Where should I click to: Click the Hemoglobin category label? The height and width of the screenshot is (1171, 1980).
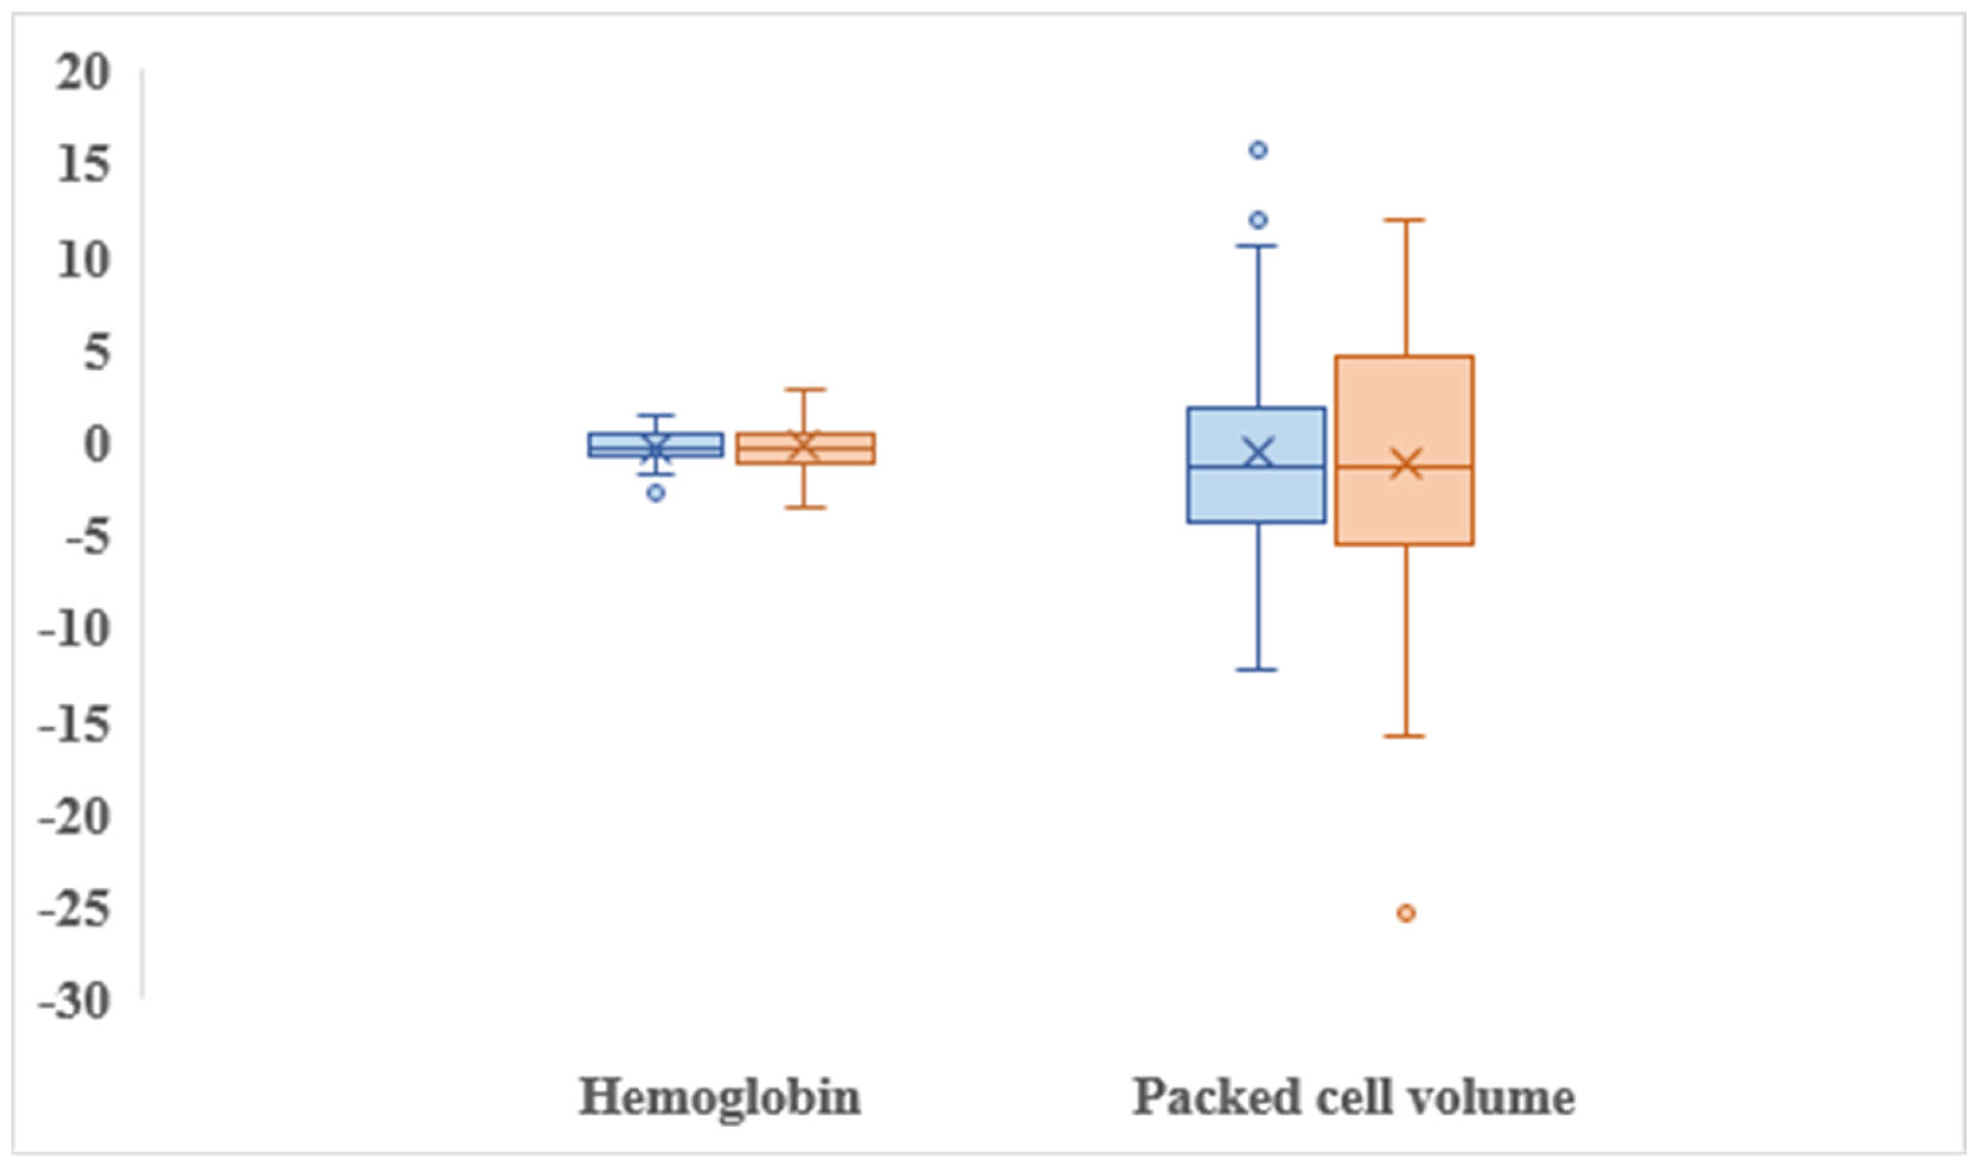click(719, 1097)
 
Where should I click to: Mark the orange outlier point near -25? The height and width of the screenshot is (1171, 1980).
click(1406, 913)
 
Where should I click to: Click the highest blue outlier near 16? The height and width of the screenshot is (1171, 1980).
click(1258, 150)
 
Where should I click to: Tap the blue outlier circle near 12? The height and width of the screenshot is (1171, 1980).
click(1258, 219)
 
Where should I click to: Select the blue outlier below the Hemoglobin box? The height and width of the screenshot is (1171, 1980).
click(656, 493)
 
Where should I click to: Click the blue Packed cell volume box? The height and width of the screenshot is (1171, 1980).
click(1256, 493)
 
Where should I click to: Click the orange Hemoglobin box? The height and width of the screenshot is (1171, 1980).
click(805, 448)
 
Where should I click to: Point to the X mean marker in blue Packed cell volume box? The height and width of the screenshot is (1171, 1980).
click(1258, 453)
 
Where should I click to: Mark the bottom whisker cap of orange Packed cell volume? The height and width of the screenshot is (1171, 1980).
click(1404, 736)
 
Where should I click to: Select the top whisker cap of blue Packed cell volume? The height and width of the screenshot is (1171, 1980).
click(1256, 246)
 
